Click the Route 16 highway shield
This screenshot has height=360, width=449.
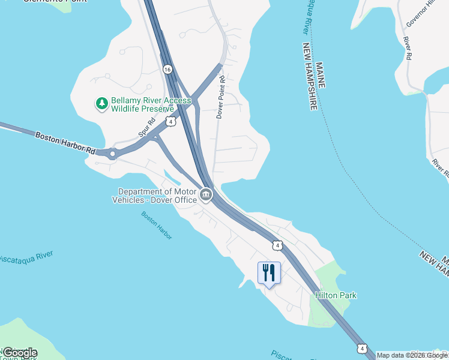(167, 70)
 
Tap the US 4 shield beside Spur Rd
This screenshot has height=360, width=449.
(172, 122)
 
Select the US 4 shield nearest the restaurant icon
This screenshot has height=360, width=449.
(276, 245)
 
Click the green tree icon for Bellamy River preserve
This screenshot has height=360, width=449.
(102, 103)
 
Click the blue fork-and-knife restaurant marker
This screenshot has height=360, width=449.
(269, 273)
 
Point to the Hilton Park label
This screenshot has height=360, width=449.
(336, 295)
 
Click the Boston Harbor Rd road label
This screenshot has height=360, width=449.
(65, 144)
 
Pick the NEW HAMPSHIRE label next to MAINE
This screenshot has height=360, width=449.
(309, 76)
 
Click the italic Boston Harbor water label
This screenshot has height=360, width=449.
(157, 225)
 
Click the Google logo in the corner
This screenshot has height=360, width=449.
(19, 353)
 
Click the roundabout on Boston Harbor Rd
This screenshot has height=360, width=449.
(112, 154)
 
